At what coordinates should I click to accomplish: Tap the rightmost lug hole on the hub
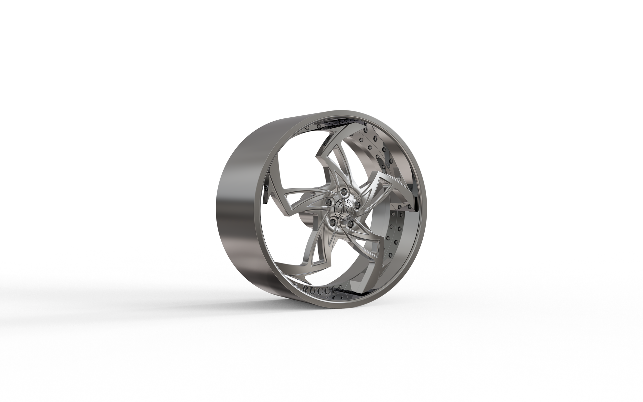coord(357,205)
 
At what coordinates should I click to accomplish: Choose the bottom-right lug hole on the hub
coord(350,224)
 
